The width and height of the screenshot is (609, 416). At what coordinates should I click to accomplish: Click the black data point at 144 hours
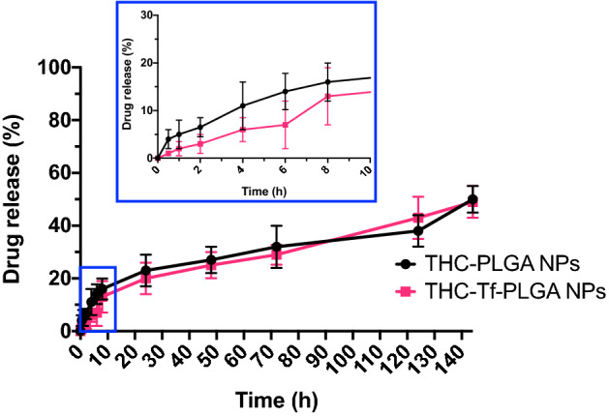(472, 199)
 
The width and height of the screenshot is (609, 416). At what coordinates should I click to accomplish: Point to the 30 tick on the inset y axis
(146, 15)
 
